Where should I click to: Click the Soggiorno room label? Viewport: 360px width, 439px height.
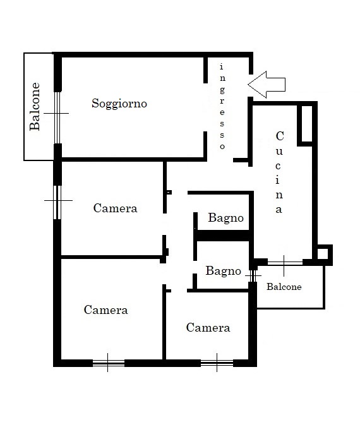click(x=119, y=104)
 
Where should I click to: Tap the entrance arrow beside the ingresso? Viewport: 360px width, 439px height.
click(x=267, y=85)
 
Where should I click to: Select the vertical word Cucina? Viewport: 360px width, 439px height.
click(x=279, y=172)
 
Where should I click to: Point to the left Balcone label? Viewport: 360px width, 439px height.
click(x=35, y=106)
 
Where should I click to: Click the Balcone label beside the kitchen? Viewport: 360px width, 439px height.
click(x=284, y=287)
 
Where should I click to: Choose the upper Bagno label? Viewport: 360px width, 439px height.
click(x=225, y=218)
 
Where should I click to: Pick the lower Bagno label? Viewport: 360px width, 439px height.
click(x=224, y=271)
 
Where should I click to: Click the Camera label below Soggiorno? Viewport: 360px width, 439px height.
click(x=116, y=208)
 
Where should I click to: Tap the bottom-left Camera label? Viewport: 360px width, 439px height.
click(x=106, y=310)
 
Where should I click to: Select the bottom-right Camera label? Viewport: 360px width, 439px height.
click(x=208, y=327)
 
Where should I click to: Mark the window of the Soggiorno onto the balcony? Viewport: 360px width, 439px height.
click(x=57, y=117)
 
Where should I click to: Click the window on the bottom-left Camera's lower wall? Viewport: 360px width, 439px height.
click(x=109, y=363)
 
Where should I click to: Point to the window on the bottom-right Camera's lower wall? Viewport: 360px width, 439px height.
click(x=217, y=363)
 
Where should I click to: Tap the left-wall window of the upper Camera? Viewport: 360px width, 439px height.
click(x=57, y=202)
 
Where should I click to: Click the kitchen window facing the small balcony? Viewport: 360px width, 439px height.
click(x=285, y=263)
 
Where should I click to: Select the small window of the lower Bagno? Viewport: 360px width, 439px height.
click(x=253, y=276)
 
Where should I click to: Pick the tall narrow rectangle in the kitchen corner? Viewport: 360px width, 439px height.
click(x=306, y=124)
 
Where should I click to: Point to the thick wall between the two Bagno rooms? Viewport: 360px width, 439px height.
click(x=222, y=235)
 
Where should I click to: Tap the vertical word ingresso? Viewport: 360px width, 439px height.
click(x=222, y=106)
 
